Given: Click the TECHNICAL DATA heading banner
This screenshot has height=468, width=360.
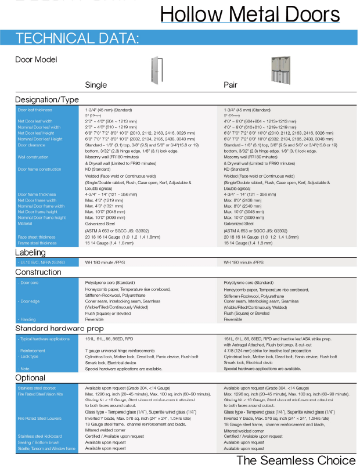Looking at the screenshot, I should pos(77,39).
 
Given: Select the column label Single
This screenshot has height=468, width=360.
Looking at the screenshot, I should pos(96,85).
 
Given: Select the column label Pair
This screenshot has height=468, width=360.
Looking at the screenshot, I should pos(231,85).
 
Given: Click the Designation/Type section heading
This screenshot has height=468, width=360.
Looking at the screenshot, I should pos(46,100).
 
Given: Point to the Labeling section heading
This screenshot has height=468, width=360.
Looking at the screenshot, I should pos(30,253).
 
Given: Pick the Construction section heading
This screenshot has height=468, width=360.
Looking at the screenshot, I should pos(38,272).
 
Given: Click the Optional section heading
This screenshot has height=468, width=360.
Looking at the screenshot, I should pos(30,377).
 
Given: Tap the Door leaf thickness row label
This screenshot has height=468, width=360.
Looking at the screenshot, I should pos(34,110).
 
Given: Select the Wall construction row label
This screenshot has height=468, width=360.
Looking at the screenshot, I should pos(33,157).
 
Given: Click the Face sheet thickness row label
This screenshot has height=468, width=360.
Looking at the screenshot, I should pos(35,237).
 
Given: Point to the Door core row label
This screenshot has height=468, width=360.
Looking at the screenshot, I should pos(31,282).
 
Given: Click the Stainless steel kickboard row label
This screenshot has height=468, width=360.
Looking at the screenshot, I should pos(40,436).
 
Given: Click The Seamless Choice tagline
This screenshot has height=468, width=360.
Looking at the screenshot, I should pos(296,460).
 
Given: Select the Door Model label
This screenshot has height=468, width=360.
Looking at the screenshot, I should pos(36,59).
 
